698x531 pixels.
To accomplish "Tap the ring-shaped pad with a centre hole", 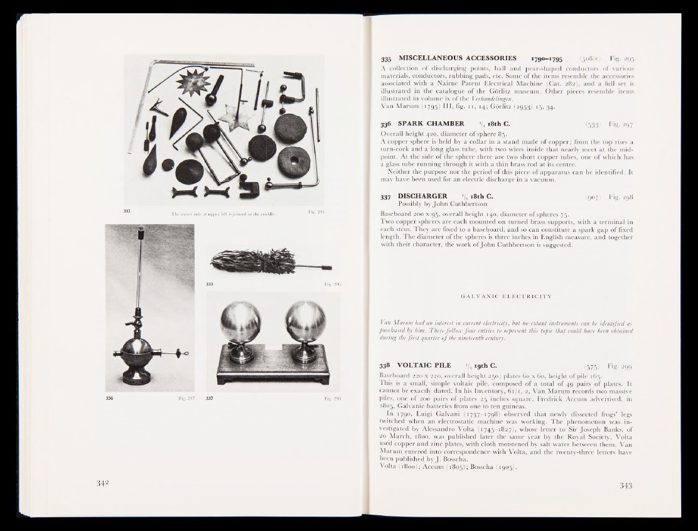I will click(x=294, y=161).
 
